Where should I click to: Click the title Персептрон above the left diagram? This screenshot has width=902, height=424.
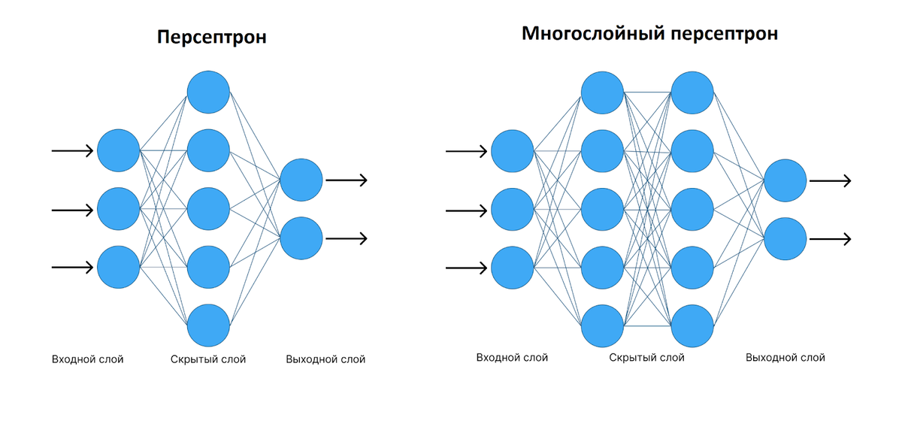tap(211, 38)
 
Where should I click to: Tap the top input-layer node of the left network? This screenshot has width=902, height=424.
tap(119, 150)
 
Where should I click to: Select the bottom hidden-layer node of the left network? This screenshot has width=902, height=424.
tap(208, 326)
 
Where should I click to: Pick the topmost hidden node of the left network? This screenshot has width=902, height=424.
tap(208, 92)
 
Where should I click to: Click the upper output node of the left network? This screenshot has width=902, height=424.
tap(301, 180)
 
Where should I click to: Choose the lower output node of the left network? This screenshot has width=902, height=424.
tap(301, 238)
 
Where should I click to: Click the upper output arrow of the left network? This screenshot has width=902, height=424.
tap(347, 180)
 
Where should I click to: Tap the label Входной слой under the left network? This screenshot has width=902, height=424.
tap(88, 359)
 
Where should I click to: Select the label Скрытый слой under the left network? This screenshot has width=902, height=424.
tap(208, 359)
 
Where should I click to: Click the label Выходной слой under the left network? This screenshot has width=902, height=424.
tap(325, 359)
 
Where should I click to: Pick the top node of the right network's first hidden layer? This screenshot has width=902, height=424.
tap(603, 92)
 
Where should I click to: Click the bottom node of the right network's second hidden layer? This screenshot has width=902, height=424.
tap(692, 326)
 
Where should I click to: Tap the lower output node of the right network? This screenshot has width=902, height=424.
tap(785, 239)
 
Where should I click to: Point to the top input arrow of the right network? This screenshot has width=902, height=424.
tap(466, 151)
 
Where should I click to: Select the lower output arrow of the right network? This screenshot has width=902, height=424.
tap(830, 239)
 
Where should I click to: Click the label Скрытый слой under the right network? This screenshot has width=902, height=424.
tap(647, 358)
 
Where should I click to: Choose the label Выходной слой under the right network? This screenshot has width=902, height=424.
tap(785, 358)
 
